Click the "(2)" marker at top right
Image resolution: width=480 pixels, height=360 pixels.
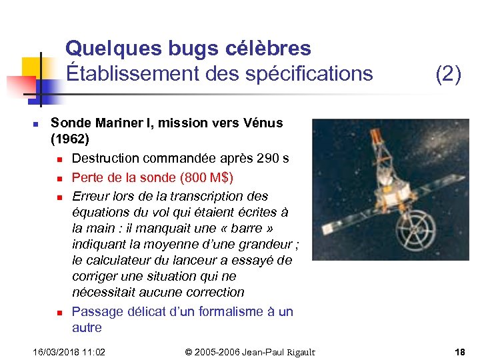448,74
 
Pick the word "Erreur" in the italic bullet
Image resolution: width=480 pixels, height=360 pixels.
89,197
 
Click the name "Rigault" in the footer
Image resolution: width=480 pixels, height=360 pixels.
298,352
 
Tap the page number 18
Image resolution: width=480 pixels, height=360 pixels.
459,352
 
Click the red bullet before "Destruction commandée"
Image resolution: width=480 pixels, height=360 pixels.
59,159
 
